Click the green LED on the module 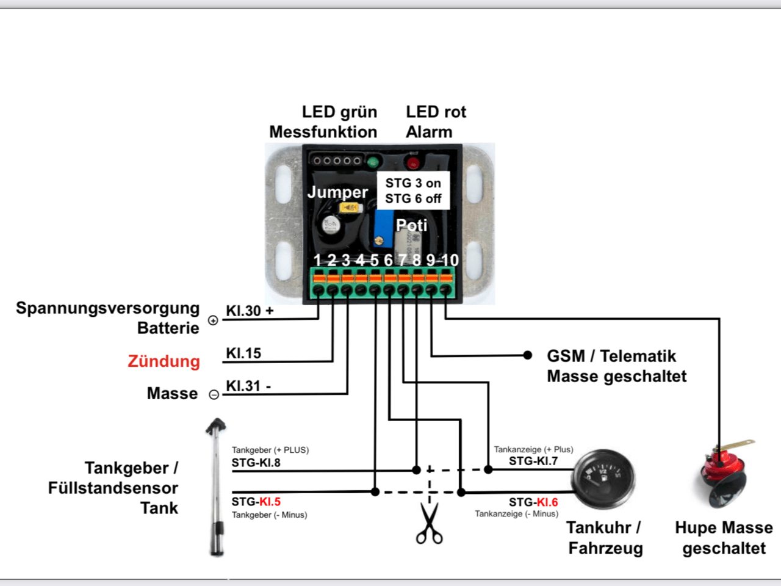373,162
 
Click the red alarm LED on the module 413,163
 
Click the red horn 724,473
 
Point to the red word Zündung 164,361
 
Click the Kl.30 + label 250,311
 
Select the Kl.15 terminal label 243,353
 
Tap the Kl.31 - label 248,386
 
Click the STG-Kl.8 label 256,463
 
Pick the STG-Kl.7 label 533,461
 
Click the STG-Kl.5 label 256,502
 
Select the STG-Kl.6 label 533,502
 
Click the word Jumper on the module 337,192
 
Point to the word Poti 412,226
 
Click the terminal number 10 450,261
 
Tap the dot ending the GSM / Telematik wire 528,355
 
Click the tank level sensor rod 217,488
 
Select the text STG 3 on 413,183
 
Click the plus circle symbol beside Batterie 213,320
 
